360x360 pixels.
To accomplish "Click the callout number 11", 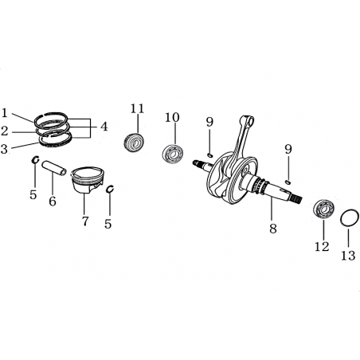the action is (137, 108).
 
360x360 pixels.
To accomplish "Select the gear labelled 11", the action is (134, 143).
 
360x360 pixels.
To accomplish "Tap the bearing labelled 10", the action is (172, 154).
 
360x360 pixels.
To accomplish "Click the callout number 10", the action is (172, 117).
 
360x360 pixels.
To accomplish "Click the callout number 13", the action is (348, 256).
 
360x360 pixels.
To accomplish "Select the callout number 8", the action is (273, 229).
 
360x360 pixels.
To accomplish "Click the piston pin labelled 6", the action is (55, 168).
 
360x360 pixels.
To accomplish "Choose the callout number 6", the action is (53, 202).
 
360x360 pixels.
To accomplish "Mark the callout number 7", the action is (85, 221).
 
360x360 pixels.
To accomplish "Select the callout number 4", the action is (104, 127).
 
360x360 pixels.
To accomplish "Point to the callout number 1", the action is (4, 113).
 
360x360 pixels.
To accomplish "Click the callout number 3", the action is (4, 149).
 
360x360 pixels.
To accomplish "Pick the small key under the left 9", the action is (209, 155).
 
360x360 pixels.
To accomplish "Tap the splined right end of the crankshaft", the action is (297, 198).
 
